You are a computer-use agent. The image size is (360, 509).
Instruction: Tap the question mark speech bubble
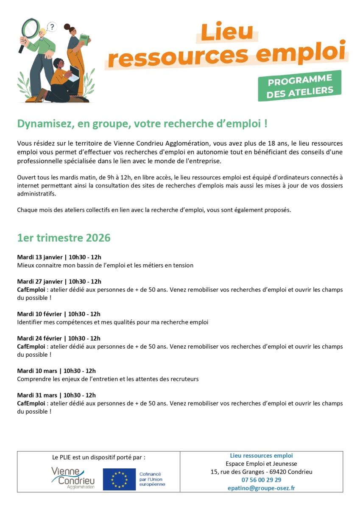(52, 28)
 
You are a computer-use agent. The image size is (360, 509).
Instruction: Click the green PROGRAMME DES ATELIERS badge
(299, 86)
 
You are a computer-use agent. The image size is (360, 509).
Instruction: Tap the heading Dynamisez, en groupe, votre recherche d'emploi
(142, 124)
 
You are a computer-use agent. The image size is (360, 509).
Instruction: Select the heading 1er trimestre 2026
(64, 238)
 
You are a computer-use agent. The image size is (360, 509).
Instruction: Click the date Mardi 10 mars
(37, 371)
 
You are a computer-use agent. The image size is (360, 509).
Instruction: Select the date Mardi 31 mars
(37, 395)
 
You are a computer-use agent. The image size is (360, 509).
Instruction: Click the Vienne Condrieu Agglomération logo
(73, 478)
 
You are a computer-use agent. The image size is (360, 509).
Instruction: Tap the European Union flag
(119, 479)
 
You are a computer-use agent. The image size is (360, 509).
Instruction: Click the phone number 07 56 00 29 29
(261, 480)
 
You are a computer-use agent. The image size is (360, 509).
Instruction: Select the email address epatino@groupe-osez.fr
(261, 488)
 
